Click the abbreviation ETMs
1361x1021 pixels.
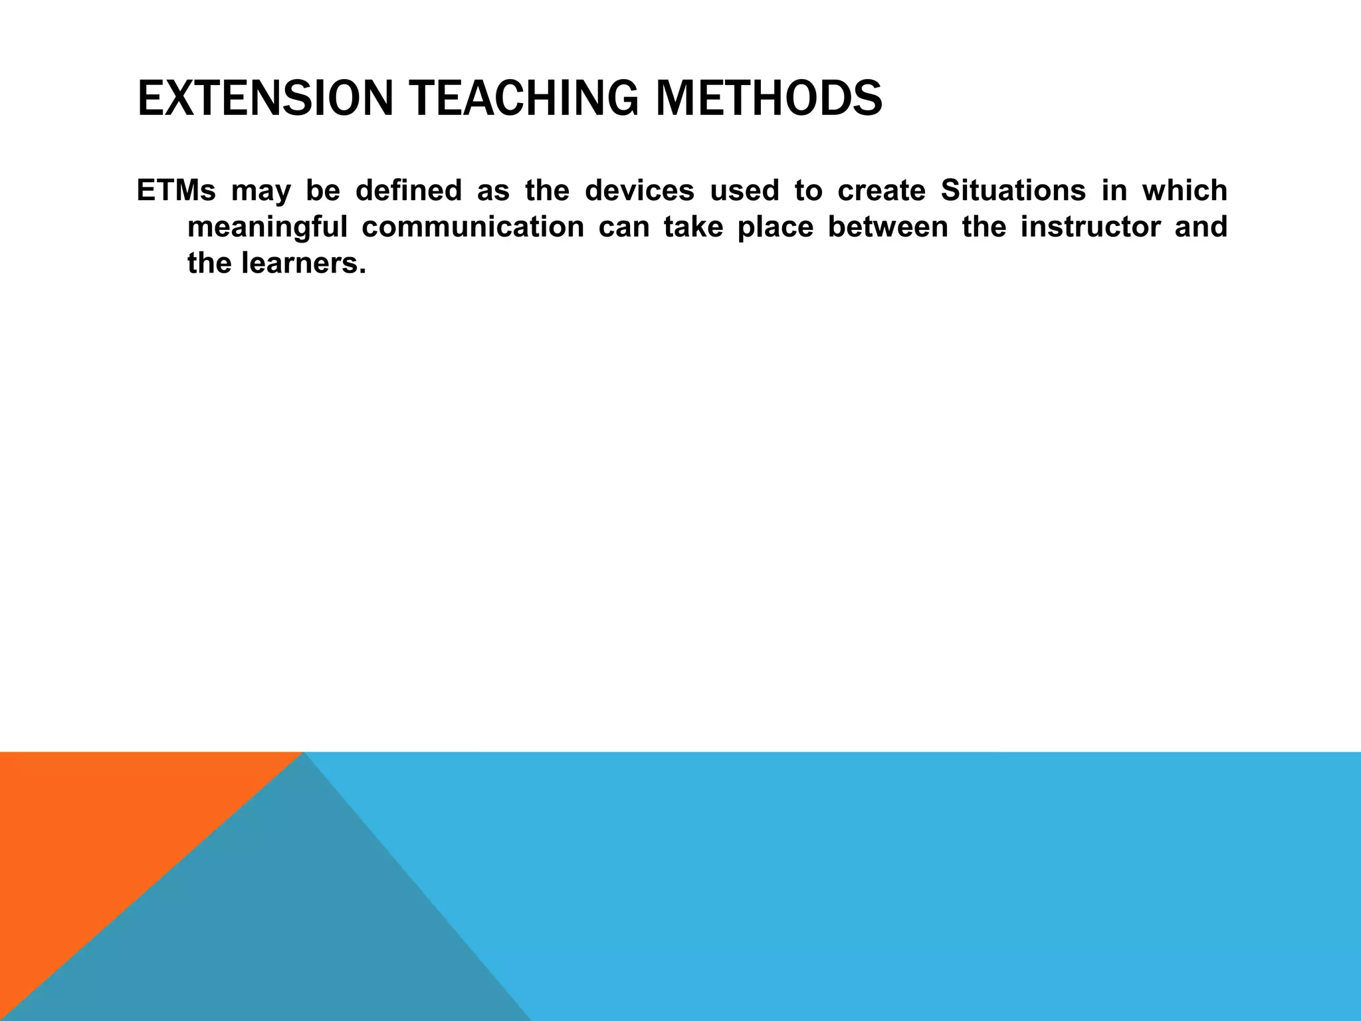click(176, 191)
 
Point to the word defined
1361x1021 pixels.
click(408, 191)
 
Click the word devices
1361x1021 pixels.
click(639, 191)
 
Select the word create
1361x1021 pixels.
click(881, 191)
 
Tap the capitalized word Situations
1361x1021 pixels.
click(1013, 191)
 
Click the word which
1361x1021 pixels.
click(1184, 191)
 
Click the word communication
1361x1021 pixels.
click(472, 227)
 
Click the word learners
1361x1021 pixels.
click(303, 264)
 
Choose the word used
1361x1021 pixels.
click(744, 191)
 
